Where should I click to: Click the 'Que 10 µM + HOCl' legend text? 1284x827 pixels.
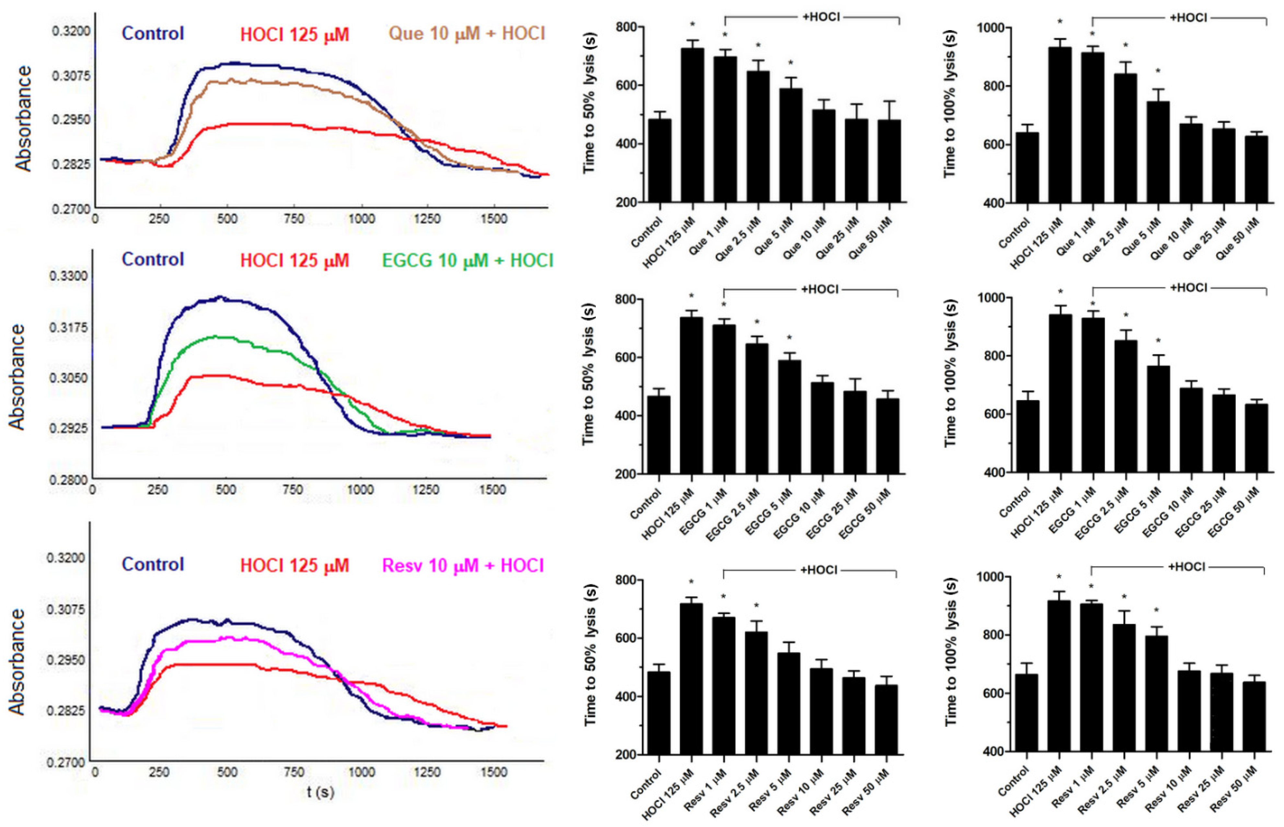pos(467,34)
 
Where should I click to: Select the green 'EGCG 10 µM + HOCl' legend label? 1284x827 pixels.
pos(467,261)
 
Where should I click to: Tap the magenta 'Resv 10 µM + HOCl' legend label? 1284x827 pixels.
pos(463,566)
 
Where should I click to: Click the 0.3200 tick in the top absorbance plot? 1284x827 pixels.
pos(71,30)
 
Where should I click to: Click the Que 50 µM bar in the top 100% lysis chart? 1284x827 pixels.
pos(1256,169)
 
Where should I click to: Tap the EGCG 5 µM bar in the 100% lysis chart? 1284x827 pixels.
pos(1158,419)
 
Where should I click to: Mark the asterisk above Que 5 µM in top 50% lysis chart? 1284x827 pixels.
pos(791,63)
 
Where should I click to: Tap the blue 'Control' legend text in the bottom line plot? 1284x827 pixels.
pos(153,564)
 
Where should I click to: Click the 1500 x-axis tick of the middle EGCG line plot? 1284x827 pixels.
pos(492,490)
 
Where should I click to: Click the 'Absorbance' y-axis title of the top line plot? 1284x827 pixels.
pos(23,118)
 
